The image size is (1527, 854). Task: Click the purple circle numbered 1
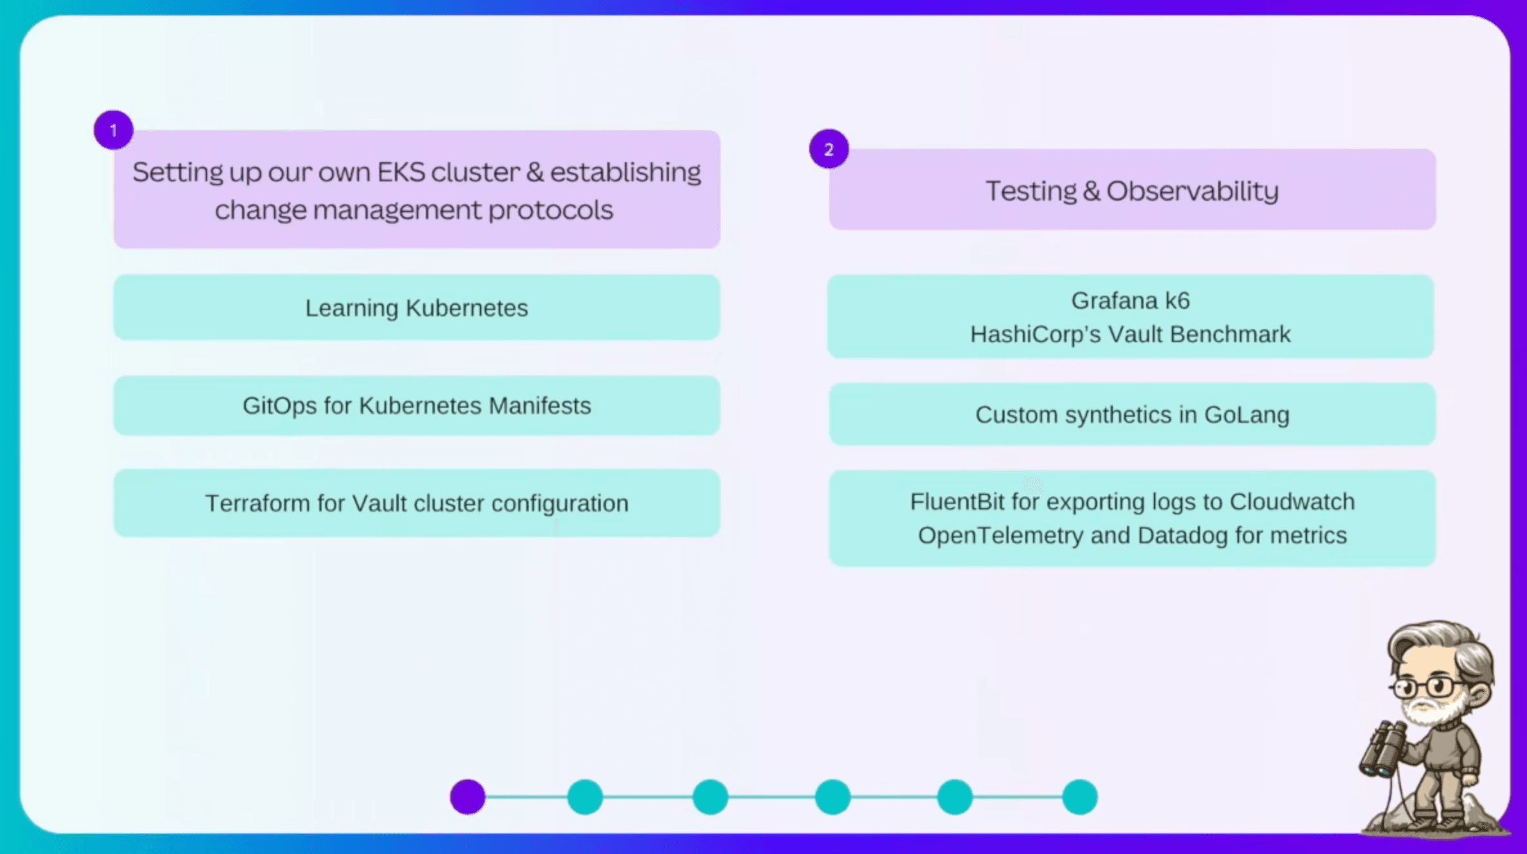pos(113,131)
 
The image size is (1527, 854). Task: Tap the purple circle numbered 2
pos(828,150)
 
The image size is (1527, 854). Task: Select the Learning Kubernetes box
pos(417,308)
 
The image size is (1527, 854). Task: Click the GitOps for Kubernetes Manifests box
pos(417,406)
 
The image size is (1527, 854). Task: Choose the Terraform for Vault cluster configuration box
pos(417,504)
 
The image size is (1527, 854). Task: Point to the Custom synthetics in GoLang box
pos(1132,415)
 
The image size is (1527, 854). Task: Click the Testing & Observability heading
pos(1132,191)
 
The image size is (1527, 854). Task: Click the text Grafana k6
pos(1130,301)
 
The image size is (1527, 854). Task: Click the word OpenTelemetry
pos(1000,535)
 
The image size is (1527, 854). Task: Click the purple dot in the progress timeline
pos(468,797)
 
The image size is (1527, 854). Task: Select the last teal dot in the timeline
pos(1079,797)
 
